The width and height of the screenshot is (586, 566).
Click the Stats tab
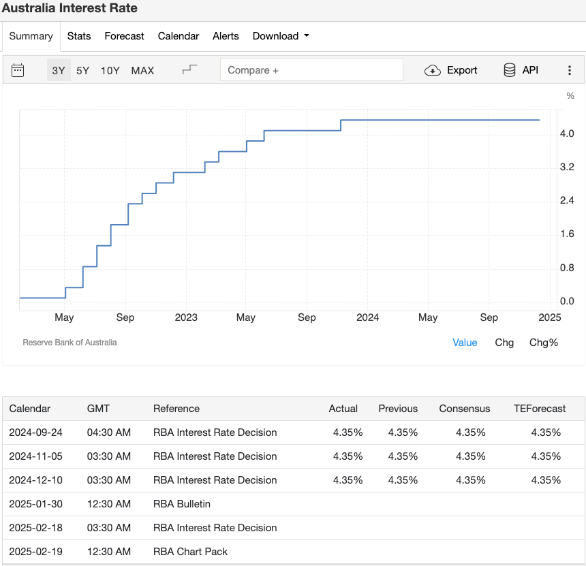(79, 36)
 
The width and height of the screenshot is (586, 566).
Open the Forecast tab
(124, 36)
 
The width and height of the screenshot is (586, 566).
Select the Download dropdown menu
(280, 36)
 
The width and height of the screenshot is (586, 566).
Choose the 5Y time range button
(82, 70)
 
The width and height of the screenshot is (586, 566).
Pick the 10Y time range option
(110, 70)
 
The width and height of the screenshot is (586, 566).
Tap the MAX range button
(142, 70)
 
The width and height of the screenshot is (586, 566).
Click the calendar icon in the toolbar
(18, 70)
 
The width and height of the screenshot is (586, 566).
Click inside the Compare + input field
(311, 70)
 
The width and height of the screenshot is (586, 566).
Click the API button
(521, 70)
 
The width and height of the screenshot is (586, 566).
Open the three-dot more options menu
(570, 70)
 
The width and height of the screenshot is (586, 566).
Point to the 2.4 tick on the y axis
(567, 200)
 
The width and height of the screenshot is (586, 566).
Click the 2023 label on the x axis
(186, 317)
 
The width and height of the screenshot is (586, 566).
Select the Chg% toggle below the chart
(543, 343)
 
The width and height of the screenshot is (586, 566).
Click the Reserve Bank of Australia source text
(70, 343)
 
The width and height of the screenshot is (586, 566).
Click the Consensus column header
(464, 409)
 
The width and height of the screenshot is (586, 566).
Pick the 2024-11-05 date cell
(35, 456)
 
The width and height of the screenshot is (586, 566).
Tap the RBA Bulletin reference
(182, 504)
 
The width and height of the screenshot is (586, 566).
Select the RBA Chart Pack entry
(190, 552)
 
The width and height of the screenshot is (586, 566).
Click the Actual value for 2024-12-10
(348, 480)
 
